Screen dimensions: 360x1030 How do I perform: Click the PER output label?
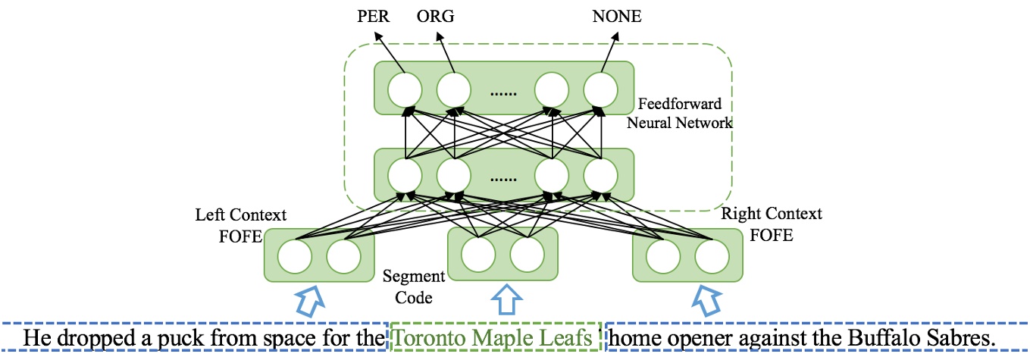click(x=374, y=16)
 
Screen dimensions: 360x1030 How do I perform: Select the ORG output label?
click(x=436, y=16)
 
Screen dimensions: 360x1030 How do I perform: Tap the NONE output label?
click(x=616, y=16)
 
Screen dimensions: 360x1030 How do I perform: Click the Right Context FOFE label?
click(x=772, y=224)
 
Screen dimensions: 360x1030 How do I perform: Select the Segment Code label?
click(x=408, y=286)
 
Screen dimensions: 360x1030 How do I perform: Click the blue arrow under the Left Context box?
click(x=307, y=299)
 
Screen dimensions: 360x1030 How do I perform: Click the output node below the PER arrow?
click(x=404, y=89)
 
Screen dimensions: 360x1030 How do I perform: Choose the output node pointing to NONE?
click(x=600, y=89)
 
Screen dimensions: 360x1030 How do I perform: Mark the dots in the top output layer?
click(x=502, y=92)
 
